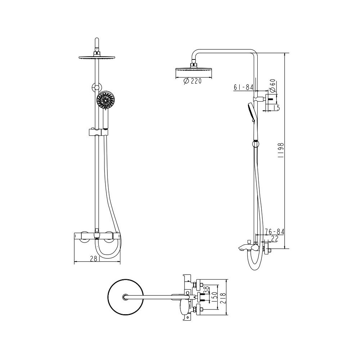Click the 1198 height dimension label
tap(281, 150)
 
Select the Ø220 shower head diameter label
tap(192, 81)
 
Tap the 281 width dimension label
tap(95, 259)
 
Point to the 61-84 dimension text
tap(243, 87)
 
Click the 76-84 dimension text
tap(275, 232)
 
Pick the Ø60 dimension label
tap(272, 85)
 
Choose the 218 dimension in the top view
tap(223, 298)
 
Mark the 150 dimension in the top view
tap(214, 297)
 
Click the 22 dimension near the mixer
tap(275, 239)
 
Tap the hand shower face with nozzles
tap(105, 100)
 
